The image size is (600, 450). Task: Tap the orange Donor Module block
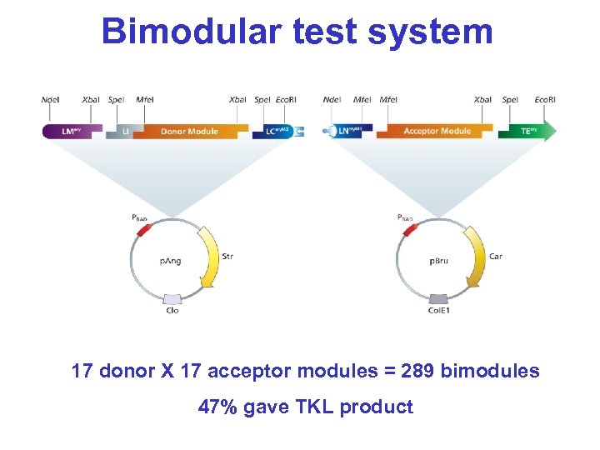coord(190,131)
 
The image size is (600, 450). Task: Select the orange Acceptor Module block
coord(436,131)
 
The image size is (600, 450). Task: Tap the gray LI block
coord(119,132)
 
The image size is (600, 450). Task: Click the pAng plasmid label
coord(170,261)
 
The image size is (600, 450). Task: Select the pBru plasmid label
coord(439,261)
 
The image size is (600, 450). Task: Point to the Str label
coord(228,256)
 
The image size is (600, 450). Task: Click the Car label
coord(496,256)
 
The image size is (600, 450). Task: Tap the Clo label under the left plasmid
coord(172,312)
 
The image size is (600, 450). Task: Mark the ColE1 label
coord(438,312)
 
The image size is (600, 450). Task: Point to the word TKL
coord(315,407)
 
